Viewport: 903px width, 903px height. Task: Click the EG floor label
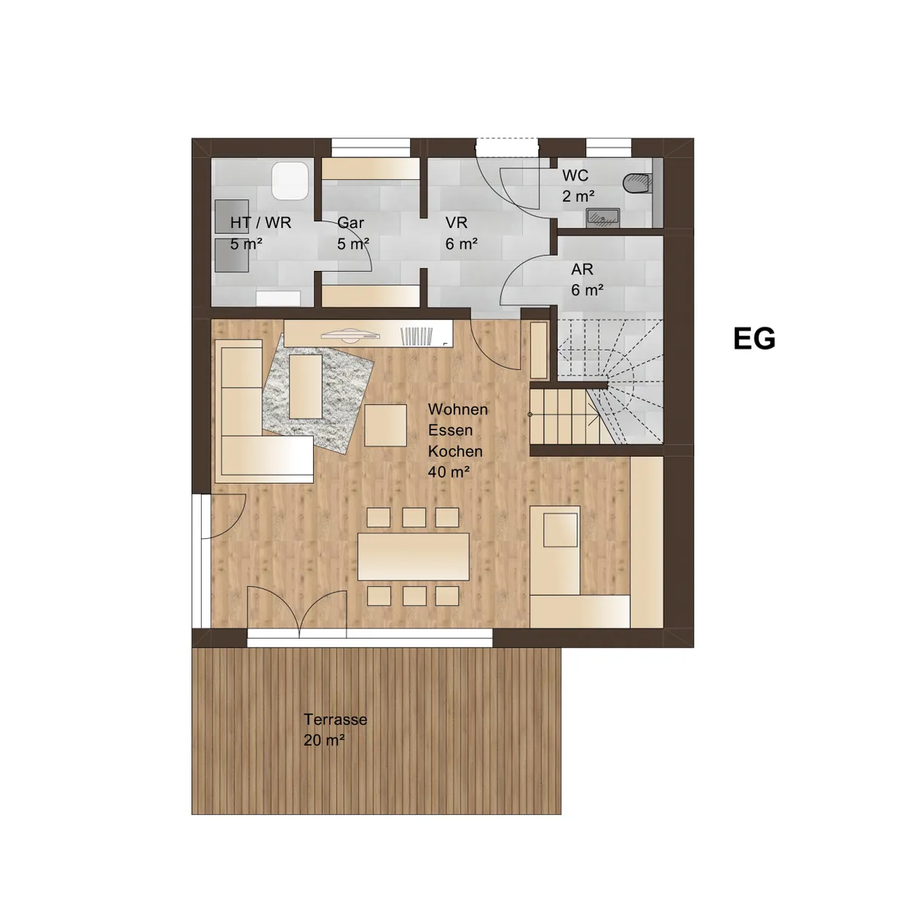pyautogui.click(x=754, y=339)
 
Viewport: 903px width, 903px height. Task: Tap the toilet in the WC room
pyautogui.click(x=638, y=183)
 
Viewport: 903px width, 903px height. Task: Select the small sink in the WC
pyautogui.click(x=604, y=218)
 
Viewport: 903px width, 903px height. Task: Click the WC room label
pyautogui.click(x=575, y=175)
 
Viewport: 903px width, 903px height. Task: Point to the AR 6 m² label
pyautogui.click(x=587, y=280)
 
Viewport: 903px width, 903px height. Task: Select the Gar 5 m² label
pyautogui.click(x=353, y=233)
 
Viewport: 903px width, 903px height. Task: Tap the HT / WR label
pyautogui.click(x=260, y=223)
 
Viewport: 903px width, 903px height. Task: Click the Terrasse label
pyautogui.click(x=335, y=719)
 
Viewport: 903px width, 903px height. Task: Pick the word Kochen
pyautogui.click(x=455, y=451)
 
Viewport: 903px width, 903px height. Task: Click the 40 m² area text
pyautogui.click(x=448, y=472)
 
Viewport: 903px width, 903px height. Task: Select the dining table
pyautogui.click(x=413, y=557)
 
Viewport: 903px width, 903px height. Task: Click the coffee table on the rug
pyautogui.click(x=306, y=387)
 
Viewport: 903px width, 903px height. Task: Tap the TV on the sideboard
pyautogui.click(x=350, y=335)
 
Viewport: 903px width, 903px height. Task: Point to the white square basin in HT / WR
pyautogui.click(x=290, y=181)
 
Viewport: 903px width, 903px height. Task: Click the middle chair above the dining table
pyautogui.click(x=414, y=518)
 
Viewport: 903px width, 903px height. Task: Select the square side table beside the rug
pyautogui.click(x=385, y=425)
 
